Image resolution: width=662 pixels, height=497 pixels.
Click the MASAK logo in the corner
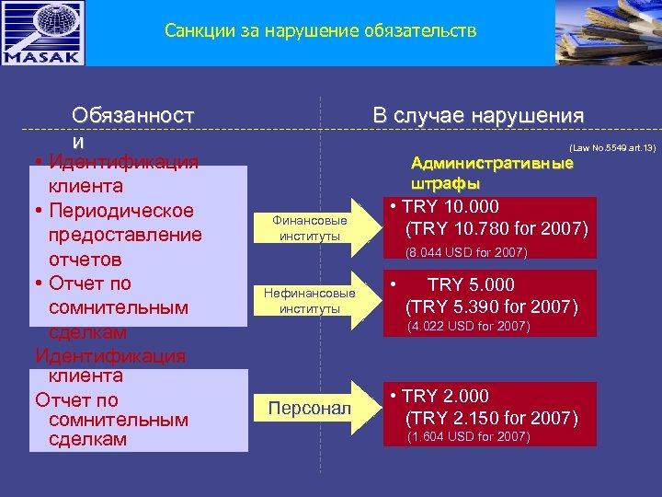tap(43, 33)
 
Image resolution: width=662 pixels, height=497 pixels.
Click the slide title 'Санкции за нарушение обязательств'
tap(321, 31)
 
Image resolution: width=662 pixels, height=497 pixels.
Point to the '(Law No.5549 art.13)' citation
tap(612, 147)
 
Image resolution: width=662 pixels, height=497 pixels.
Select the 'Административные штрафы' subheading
tap(492, 173)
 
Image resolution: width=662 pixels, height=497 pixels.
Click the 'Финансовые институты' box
tap(310, 228)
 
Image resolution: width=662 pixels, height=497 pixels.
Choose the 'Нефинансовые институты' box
tap(309, 301)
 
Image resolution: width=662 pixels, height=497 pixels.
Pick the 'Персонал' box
tap(310, 407)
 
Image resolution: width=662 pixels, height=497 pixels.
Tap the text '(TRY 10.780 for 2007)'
tap(496, 227)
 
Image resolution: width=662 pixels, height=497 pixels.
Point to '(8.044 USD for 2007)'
tap(467, 252)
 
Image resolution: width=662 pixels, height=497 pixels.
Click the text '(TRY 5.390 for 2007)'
tap(492, 306)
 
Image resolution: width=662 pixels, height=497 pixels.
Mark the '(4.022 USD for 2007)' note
tap(467, 326)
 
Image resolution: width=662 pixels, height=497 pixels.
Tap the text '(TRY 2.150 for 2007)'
tap(492, 419)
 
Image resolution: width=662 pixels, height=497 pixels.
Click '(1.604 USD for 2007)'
tap(467, 437)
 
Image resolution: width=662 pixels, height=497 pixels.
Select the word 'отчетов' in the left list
tap(91, 259)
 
